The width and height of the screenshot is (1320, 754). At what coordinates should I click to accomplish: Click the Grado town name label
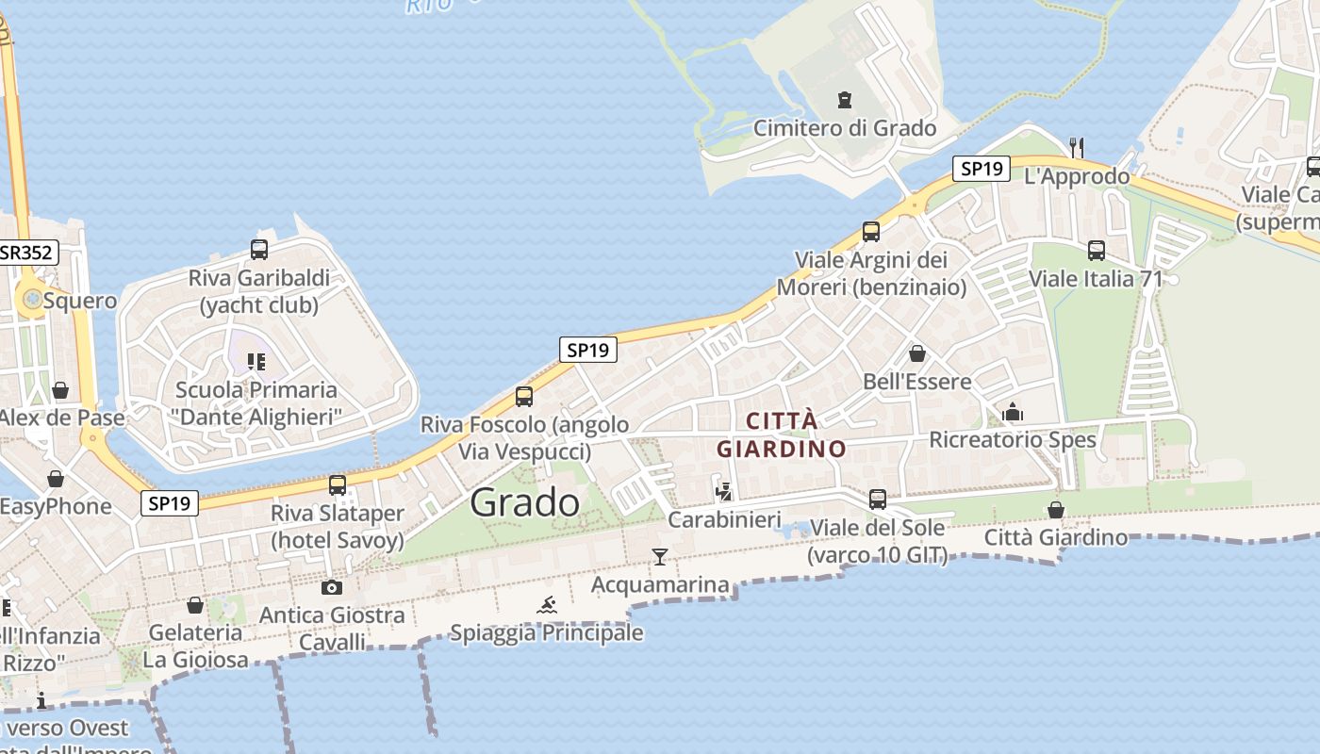tap(525, 502)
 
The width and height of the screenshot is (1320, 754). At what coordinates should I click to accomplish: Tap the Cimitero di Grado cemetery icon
tap(844, 100)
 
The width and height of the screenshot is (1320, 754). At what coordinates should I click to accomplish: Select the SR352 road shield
tap(27, 253)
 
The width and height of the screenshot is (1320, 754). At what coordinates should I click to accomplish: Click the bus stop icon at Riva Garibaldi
tap(259, 250)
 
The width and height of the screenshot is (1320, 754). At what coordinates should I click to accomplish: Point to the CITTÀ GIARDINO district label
tap(782, 434)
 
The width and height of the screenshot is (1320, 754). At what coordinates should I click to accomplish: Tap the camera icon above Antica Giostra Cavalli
tap(331, 587)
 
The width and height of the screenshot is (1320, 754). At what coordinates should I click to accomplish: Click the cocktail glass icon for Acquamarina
tap(660, 557)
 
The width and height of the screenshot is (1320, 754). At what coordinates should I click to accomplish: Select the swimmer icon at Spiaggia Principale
tap(547, 605)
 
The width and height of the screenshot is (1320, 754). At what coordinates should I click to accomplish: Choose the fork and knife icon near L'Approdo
tap(1077, 148)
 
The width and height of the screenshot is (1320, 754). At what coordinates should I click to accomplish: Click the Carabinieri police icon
tap(724, 491)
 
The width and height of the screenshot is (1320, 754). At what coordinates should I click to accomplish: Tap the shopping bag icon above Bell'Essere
tap(916, 354)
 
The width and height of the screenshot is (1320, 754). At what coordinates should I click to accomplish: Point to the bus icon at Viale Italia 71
tap(1096, 251)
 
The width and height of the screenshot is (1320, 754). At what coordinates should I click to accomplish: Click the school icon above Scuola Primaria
tap(256, 362)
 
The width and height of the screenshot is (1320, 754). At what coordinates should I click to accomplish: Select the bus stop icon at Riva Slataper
tap(338, 485)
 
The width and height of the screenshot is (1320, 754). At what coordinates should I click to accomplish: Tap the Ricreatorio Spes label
tap(1013, 440)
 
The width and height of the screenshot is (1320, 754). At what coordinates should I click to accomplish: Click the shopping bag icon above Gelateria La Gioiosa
tap(195, 605)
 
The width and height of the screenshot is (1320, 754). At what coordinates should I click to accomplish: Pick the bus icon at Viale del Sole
tap(878, 500)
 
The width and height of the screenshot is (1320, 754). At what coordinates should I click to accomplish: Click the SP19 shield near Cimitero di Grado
tap(981, 169)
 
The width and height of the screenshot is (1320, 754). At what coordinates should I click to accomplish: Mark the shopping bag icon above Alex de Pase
tap(60, 390)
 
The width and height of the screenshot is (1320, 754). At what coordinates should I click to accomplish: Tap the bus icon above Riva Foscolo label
tap(524, 397)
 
